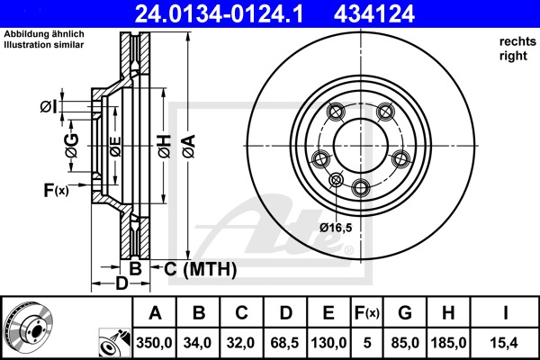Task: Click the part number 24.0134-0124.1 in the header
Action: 219,13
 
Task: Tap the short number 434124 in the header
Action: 374,13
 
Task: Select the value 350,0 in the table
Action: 154,343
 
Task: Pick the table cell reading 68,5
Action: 284,343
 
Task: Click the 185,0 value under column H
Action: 448,343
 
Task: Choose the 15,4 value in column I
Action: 505,343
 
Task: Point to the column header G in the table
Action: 405,313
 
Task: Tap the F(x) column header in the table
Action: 367,313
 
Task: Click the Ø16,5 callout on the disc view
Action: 336,228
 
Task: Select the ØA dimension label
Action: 189,147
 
